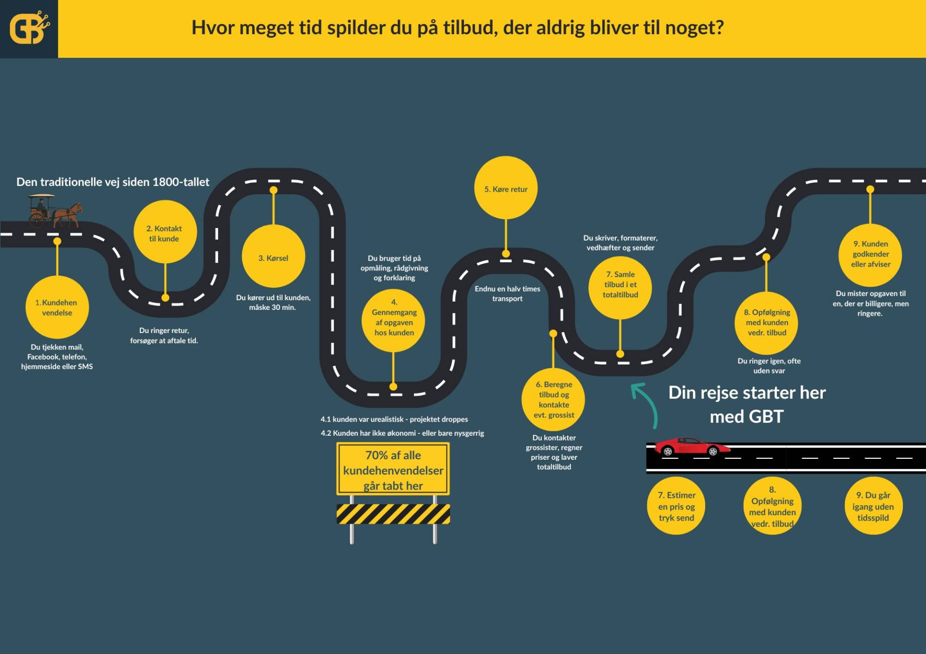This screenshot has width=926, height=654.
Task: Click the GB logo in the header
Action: tap(29, 28)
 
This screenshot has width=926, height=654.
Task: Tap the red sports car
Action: tap(691, 447)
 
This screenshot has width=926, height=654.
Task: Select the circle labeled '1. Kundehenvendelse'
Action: tap(57, 307)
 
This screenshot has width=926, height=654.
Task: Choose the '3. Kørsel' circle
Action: tap(273, 257)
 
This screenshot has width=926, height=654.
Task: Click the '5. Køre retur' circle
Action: tap(505, 188)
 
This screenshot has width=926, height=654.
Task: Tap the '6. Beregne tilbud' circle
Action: tap(553, 400)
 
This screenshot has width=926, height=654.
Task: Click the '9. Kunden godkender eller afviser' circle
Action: tap(870, 254)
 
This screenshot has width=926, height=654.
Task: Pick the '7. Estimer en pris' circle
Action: tap(676, 506)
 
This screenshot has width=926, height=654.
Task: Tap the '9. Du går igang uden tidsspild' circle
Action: tap(873, 506)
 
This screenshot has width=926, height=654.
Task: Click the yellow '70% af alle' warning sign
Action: tap(393, 469)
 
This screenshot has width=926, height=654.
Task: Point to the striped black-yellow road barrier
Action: tap(393, 514)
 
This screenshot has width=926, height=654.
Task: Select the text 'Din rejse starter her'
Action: tap(747, 393)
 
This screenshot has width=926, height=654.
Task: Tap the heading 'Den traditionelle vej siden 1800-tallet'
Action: tap(113, 182)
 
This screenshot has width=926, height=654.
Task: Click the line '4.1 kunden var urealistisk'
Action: tap(394, 419)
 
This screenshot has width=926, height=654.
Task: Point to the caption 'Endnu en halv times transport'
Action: tap(507, 294)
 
